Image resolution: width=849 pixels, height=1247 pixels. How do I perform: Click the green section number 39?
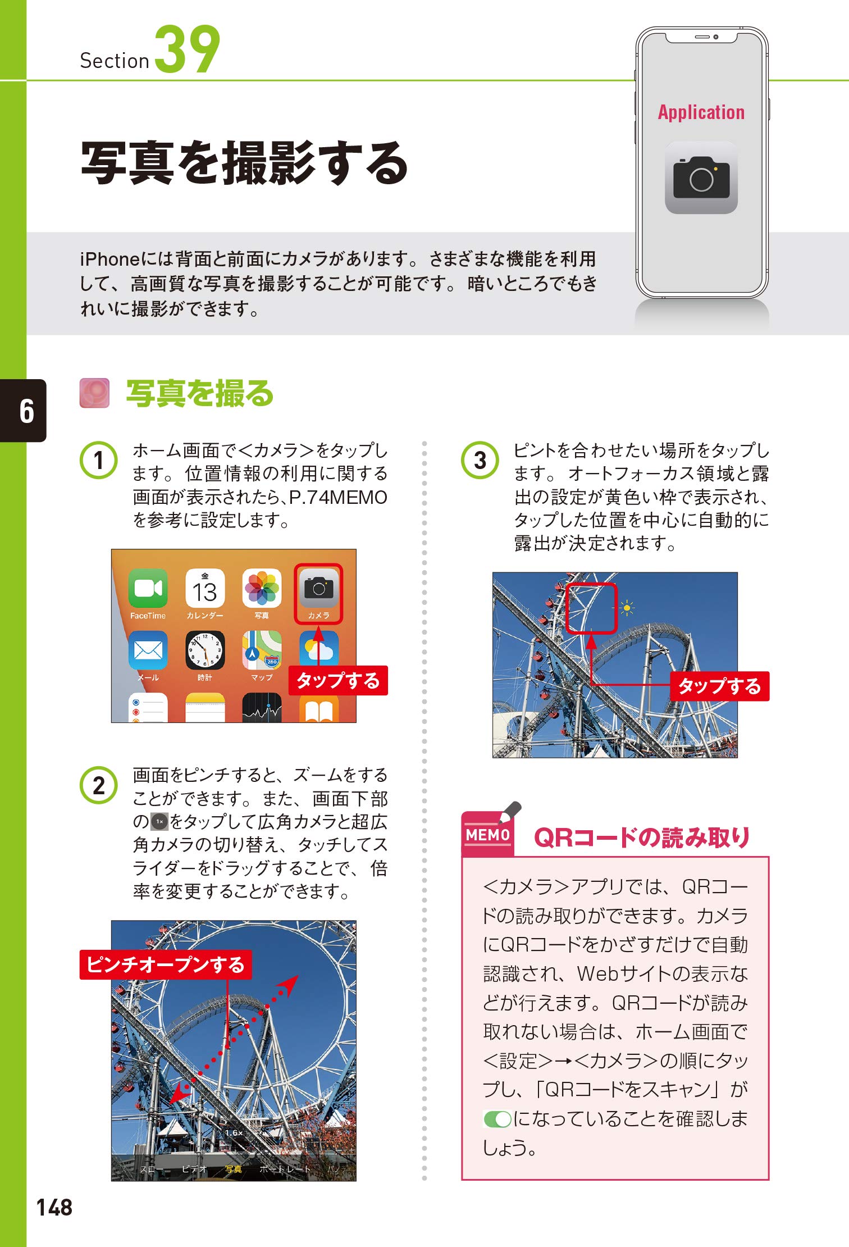click(x=188, y=49)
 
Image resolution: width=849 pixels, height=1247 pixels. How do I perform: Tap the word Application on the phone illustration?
click(x=701, y=112)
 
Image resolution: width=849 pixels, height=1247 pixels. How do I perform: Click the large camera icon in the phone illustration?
click(x=701, y=178)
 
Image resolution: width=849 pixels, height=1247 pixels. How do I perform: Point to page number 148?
click(x=54, y=1207)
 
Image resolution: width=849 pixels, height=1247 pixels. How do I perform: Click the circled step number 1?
click(x=99, y=460)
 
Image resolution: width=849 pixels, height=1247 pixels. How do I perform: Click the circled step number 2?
click(x=99, y=785)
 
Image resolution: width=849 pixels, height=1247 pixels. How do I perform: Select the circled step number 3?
click(x=480, y=460)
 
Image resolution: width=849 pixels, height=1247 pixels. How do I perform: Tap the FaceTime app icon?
click(x=148, y=588)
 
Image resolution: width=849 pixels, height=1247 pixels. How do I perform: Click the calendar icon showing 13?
click(x=205, y=588)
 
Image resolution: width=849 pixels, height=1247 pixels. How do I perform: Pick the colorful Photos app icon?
click(x=262, y=588)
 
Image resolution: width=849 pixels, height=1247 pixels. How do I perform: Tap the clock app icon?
click(x=205, y=650)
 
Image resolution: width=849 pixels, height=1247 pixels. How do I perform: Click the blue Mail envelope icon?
click(x=148, y=650)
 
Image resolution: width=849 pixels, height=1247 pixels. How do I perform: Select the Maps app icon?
click(x=262, y=650)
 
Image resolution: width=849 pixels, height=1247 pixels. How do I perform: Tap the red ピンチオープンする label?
click(x=166, y=964)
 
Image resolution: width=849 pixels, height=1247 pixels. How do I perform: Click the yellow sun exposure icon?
click(x=627, y=608)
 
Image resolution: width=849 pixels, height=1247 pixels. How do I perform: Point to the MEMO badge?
click(x=487, y=835)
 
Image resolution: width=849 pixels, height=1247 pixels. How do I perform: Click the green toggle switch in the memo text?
click(x=497, y=1119)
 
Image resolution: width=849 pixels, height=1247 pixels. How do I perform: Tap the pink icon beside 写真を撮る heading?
click(x=94, y=393)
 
